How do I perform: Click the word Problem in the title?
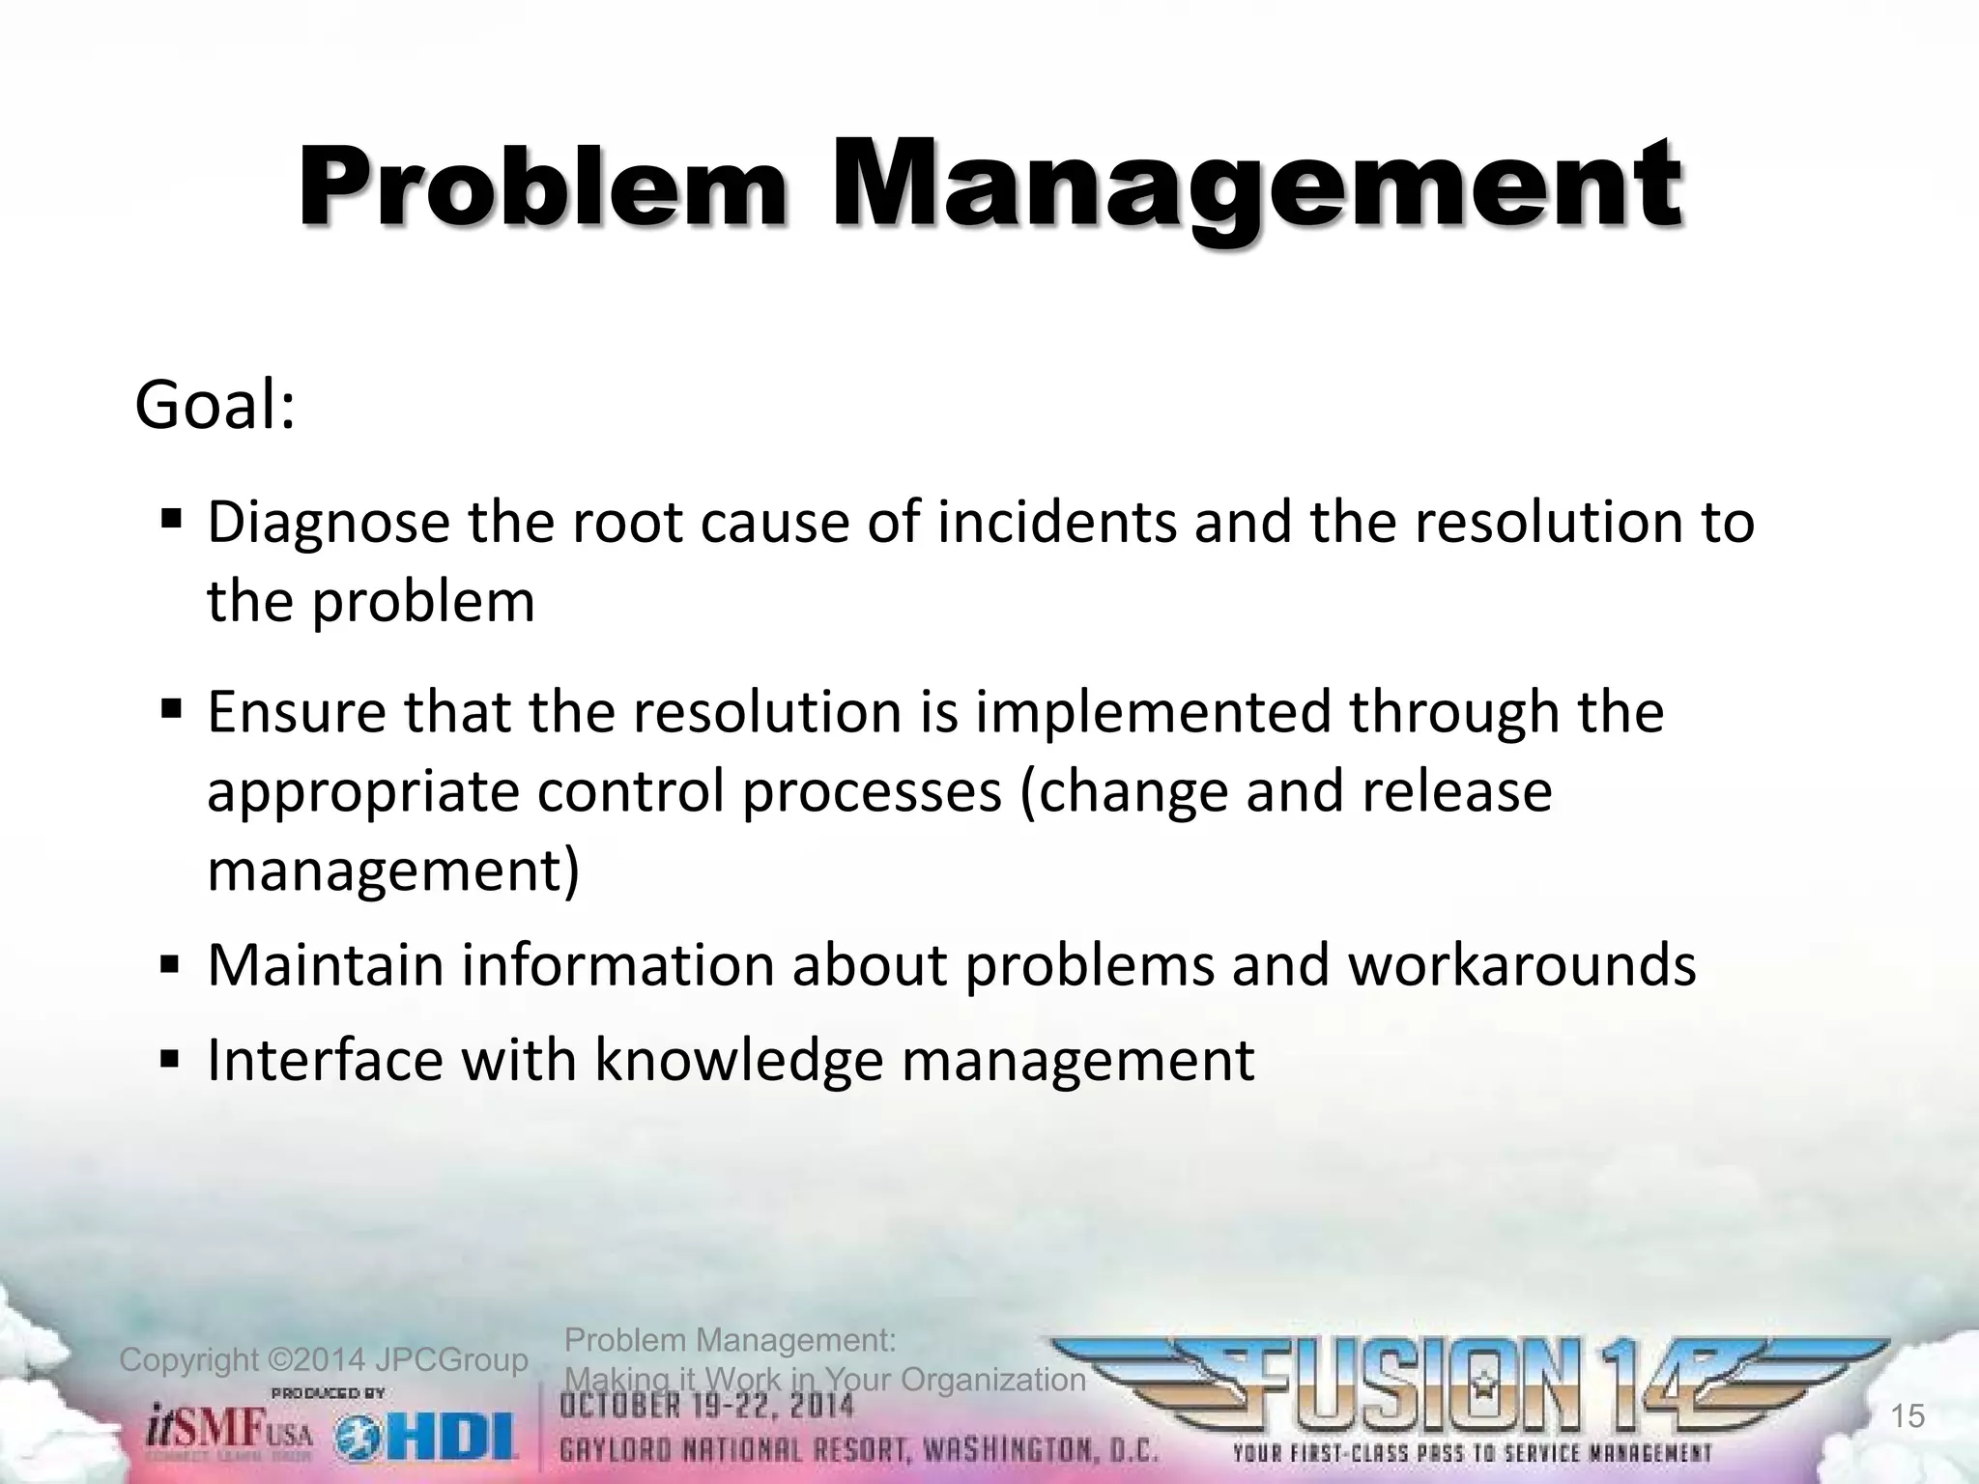[543, 188]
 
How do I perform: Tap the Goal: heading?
[215, 407]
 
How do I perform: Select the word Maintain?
[326, 965]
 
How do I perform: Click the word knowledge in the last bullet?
[738, 1060]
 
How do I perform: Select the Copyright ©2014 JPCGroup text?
[323, 1360]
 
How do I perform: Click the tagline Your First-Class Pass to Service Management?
[1472, 1453]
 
